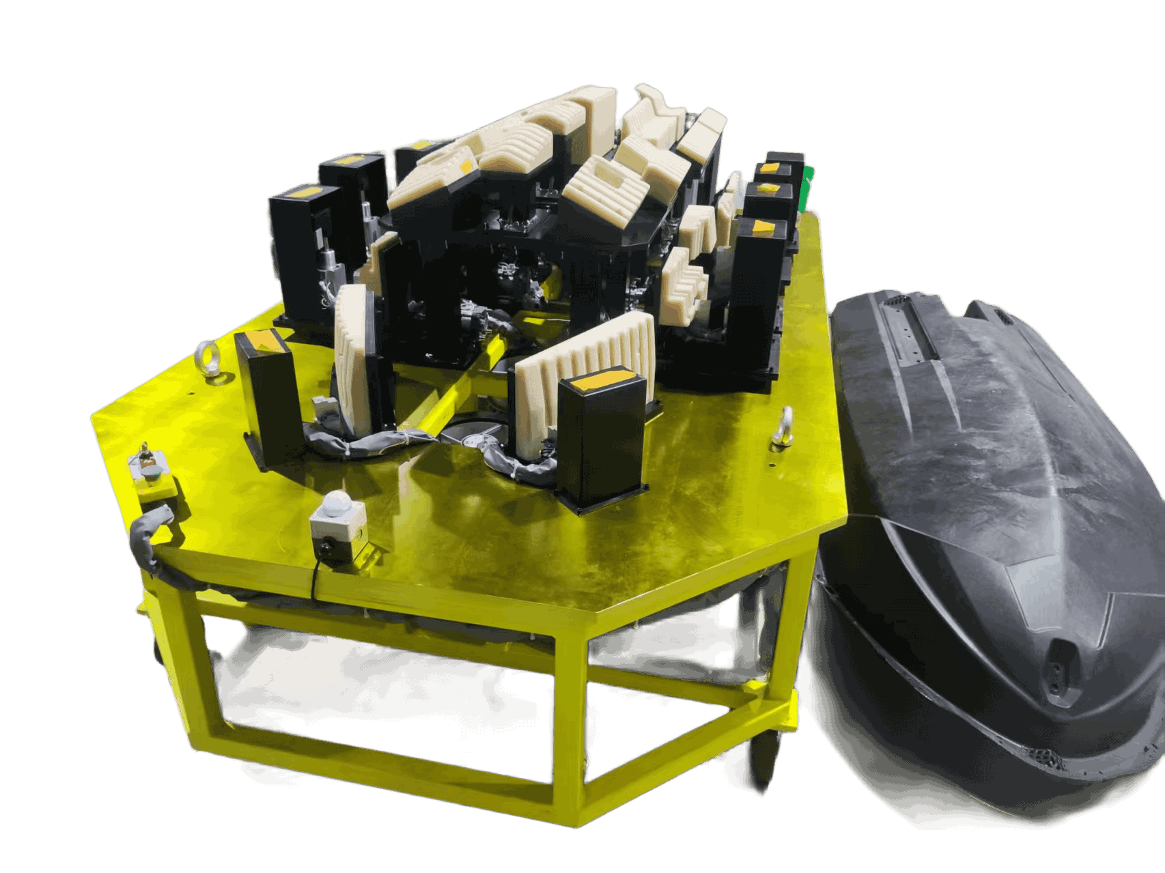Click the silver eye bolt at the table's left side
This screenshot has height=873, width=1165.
204,355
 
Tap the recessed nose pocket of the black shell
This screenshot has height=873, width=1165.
1061,659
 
